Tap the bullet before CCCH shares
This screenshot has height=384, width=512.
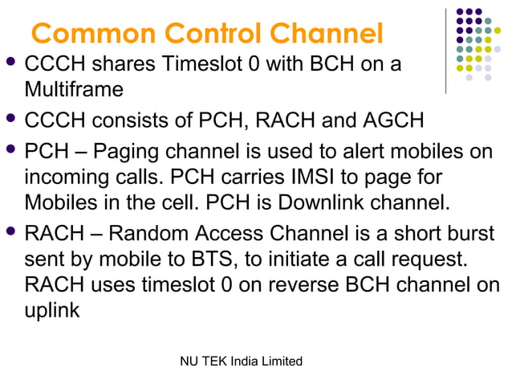click(11, 62)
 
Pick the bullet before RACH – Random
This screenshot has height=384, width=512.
click(11, 233)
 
